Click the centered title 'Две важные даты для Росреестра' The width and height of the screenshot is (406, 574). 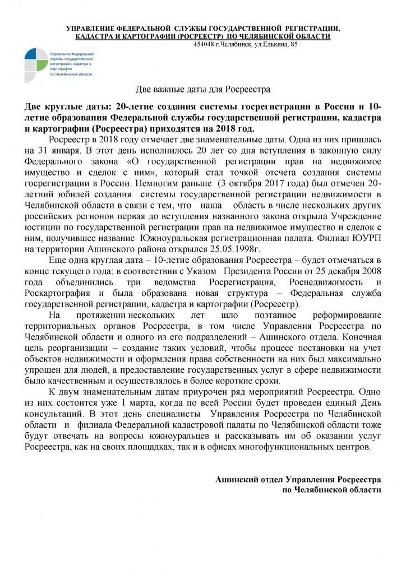[204, 89]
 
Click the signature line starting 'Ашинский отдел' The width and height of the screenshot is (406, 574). [298, 480]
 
